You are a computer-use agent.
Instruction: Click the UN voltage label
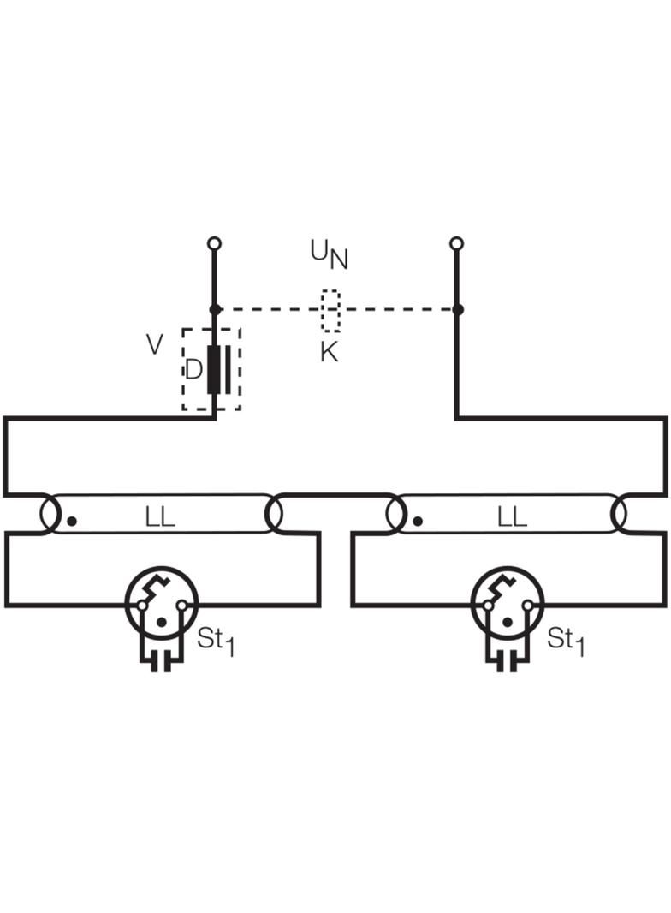pos(329,254)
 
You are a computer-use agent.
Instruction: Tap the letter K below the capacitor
pos(329,352)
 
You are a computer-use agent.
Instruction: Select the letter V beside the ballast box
pos(154,344)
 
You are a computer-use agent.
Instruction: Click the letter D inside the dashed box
pos(193,369)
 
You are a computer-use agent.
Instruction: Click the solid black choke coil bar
pos(214,369)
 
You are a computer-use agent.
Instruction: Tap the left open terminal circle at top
pos(214,242)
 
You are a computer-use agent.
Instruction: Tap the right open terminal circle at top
pos(457,242)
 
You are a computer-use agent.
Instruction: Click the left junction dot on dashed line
pos(214,309)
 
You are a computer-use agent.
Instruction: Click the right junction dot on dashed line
pos(457,309)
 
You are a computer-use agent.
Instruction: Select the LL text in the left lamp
pos(159,516)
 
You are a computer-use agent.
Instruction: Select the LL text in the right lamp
pos(512,516)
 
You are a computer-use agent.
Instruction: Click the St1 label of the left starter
pos(216,641)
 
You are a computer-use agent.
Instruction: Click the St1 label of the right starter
pos(566,641)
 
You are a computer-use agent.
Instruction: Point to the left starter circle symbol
pos(162,603)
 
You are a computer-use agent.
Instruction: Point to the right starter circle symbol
pos(508,603)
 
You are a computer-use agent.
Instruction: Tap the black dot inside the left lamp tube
pos(72,521)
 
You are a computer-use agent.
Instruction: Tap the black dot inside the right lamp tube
pos(419,521)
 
